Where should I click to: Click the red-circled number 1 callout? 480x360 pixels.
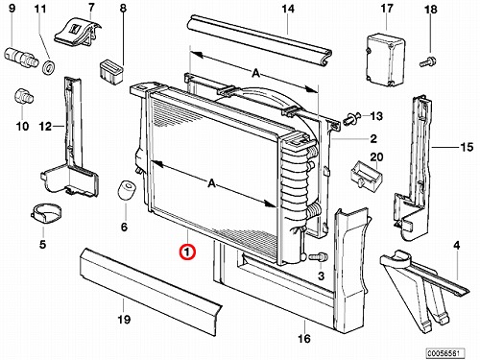tap(187, 252)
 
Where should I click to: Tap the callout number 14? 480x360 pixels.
tap(288, 9)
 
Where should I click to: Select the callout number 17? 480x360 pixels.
tap(387, 8)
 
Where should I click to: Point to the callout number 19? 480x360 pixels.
tap(124, 319)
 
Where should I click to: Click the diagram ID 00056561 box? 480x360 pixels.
tap(444, 353)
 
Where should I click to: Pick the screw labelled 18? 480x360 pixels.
tap(427, 61)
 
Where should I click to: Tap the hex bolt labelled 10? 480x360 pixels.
tap(24, 96)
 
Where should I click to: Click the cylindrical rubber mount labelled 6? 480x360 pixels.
tap(126, 191)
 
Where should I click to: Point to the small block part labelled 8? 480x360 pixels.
tap(111, 72)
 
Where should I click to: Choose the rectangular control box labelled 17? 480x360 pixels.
tap(385, 60)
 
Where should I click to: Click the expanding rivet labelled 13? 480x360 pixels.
tap(352, 119)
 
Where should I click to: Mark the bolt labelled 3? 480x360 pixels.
tap(318, 256)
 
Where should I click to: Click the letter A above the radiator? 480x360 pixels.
tap(255, 73)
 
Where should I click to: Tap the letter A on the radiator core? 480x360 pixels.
tap(211, 183)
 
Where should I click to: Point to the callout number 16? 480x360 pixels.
tap(304, 338)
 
